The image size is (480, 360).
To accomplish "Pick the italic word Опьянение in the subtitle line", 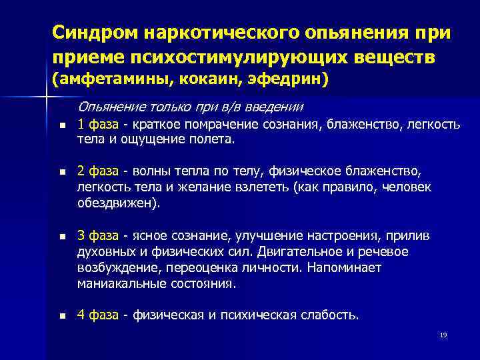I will [109, 107].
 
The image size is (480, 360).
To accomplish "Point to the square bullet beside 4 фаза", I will [62, 316].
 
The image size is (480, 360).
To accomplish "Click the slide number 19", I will [443, 335].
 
